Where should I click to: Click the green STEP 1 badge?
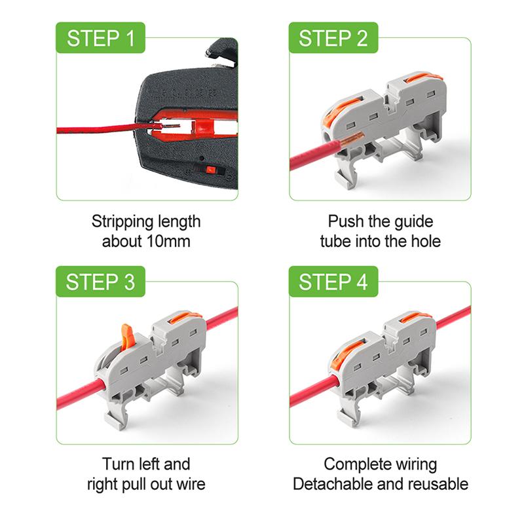100,38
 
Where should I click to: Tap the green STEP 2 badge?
333,38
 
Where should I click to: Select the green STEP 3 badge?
100,282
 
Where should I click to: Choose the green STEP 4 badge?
333,282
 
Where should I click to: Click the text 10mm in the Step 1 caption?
168,241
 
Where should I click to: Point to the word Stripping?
122,222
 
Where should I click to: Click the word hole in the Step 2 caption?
426,241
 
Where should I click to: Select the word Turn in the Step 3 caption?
117,464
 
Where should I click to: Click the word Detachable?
333,484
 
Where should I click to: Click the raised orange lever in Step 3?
127,338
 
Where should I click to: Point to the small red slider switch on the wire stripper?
210,170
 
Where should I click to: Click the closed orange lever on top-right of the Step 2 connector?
422,77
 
